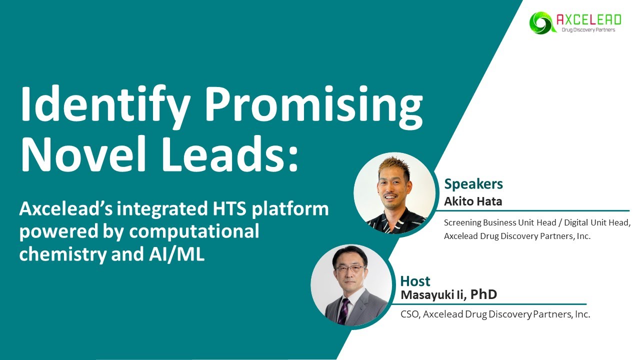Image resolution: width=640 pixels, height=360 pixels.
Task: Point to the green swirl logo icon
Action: (540, 22)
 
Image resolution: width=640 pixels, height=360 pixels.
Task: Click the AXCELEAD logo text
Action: (588, 19)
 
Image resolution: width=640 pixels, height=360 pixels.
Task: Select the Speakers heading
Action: (473, 184)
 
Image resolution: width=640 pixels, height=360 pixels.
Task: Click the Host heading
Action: (415, 281)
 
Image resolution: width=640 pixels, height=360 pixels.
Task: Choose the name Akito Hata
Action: (473, 201)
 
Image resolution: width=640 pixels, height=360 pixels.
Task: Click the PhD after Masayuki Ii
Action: (483, 294)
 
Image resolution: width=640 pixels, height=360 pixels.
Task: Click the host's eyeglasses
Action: (350, 268)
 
